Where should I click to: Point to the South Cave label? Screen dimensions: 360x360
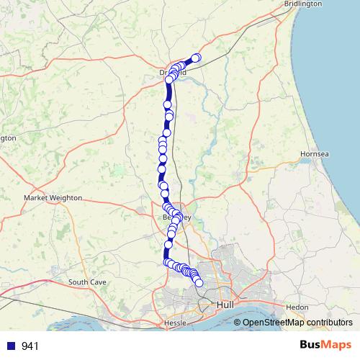[x=88, y=282]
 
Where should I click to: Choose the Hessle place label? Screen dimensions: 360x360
[x=176, y=323]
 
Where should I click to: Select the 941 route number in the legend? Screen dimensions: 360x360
[x=30, y=346]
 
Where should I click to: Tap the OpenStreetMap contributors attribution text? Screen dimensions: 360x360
[x=292, y=323]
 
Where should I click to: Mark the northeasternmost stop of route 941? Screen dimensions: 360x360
[x=196, y=58]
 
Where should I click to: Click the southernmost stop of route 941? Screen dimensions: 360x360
[x=199, y=283]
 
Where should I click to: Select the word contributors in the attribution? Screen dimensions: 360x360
[x=328, y=323]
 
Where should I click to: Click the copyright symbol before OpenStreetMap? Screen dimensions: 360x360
[x=238, y=323]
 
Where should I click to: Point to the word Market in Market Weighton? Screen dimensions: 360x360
[x=37, y=197]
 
